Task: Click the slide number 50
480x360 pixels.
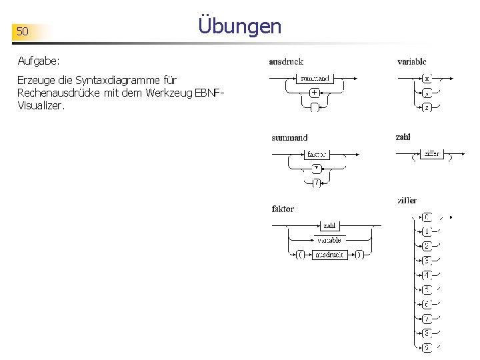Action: click(x=23, y=31)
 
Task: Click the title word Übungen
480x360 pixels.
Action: click(x=240, y=26)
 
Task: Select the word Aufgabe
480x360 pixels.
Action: click(x=39, y=61)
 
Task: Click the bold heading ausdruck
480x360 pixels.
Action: click(x=286, y=61)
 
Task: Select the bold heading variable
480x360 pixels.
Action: click(x=412, y=61)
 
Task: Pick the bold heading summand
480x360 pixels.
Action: click(x=289, y=137)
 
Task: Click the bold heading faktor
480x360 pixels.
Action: click(x=283, y=209)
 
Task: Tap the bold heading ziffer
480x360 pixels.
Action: click(x=407, y=200)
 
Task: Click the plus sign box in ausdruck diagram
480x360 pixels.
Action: click(x=313, y=93)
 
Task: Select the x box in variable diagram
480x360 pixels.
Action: click(x=427, y=78)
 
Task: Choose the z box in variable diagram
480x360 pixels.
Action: click(x=427, y=107)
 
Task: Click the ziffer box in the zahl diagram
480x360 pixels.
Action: click(x=431, y=154)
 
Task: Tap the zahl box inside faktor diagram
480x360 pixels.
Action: click(x=330, y=226)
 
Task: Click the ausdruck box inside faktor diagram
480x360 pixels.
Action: click(x=330, y=254)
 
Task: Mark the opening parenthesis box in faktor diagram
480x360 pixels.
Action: click(x=301, y=254)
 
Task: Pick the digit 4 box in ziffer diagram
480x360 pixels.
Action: click(x=427, y=275)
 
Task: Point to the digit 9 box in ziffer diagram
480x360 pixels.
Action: click(x=427, y=347)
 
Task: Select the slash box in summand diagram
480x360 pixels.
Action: click(x=317, y=183)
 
